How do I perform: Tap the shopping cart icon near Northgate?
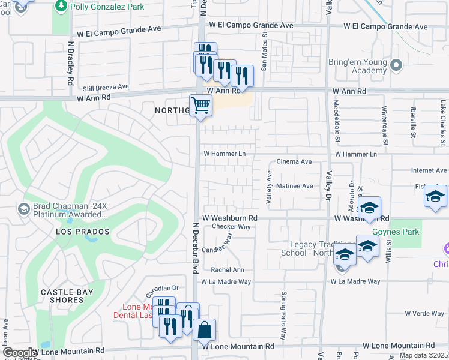(201, 106)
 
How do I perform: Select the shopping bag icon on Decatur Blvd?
(204, 329)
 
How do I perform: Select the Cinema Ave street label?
(294, 162)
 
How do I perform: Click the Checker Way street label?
(231, 227)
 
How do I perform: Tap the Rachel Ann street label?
(228, 270)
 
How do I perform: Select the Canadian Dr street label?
(163, 288)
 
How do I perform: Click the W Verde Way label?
(424, 313)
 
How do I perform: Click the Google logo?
(20, 353)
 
